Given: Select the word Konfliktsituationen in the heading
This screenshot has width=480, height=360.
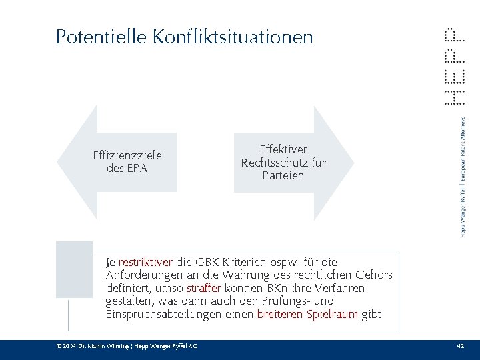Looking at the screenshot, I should pos(232,37).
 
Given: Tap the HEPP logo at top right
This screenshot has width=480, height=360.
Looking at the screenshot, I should pos(454,67).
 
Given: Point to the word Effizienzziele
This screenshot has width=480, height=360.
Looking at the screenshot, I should pos(127,156).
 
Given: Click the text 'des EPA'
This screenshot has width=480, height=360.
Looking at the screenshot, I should pos(127,168).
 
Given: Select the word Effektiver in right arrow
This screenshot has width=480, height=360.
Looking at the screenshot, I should pos(283,150).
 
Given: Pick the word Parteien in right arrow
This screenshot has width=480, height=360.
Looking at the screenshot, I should pos(283,175).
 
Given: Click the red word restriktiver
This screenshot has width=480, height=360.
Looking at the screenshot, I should pos(145,262).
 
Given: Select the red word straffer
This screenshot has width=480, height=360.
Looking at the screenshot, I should pos(204,288).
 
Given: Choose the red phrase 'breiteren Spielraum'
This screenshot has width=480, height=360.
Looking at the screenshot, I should pos(307,314).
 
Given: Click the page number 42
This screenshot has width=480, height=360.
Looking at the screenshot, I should pos(460,345).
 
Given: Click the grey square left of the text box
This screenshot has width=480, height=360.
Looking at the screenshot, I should pos(74,269).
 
